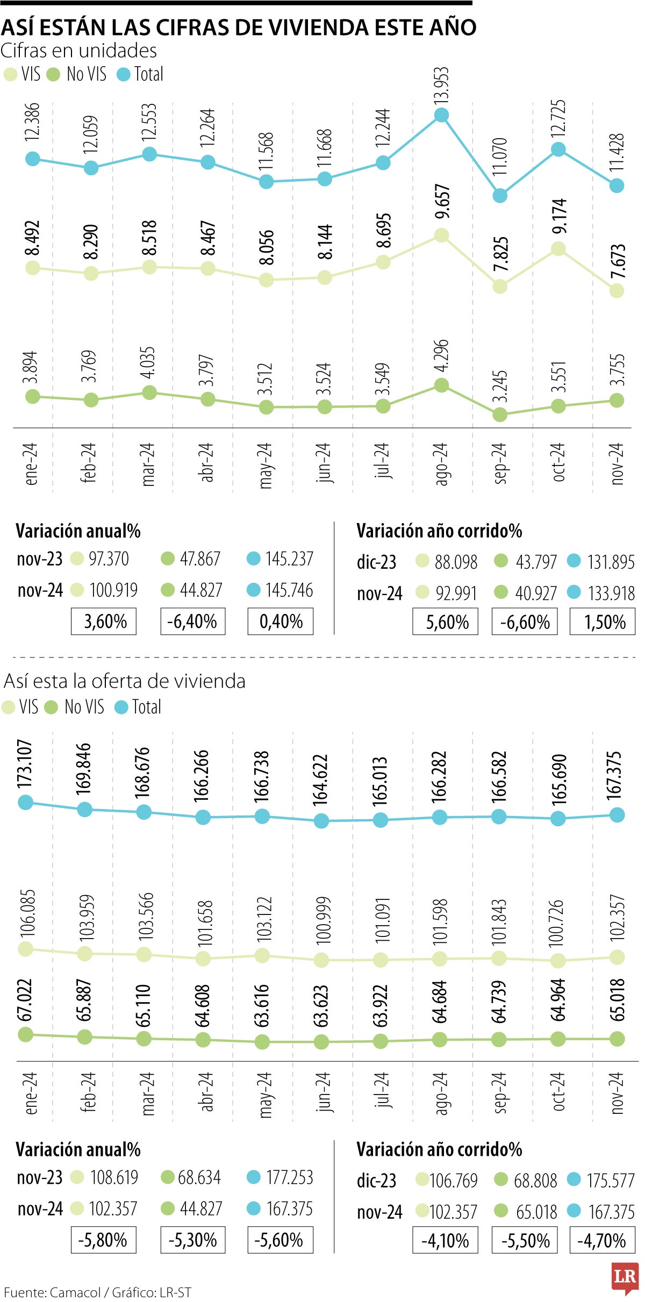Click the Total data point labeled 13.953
coord(441,115)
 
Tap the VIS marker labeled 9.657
coord(441,235)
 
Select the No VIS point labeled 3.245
coord(500,414)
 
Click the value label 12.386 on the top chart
coord(32,122)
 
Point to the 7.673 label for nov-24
coord(618,261)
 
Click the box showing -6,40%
coord(192,621)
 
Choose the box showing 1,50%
coord(602,622)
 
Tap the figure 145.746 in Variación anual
coord(289,590)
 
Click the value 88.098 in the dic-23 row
coord(455,562)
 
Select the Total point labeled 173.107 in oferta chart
coord(25,803)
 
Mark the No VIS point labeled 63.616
coord(262,1042)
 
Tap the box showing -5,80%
coord(103,1240)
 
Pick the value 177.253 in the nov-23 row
coord(289,1177)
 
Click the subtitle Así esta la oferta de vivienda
coord(125,681)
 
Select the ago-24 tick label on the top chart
coord(441,464)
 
